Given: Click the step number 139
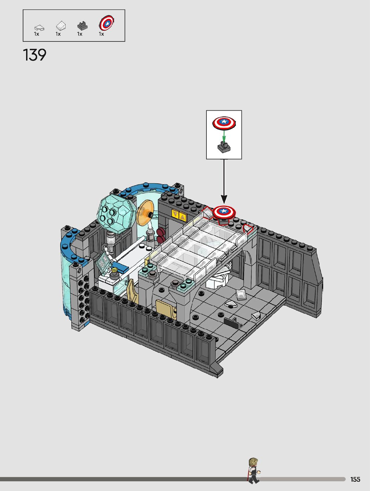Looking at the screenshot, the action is pyautogui.click(x=34, y=55).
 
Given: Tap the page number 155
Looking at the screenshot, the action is pyautogui.click(x=355, y=479).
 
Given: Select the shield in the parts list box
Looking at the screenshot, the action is pyautogui.click(x=106, y=23).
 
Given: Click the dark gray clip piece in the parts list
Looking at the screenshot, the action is pyautogui.click(x=82, y=26).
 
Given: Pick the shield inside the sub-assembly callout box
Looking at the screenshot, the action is pyautogui.click(x=224, y=123).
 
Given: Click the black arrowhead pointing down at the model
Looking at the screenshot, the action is pyautogui.click(x=224, y=199).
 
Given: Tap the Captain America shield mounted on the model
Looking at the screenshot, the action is pyautogui.click(x=224, y=211).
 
